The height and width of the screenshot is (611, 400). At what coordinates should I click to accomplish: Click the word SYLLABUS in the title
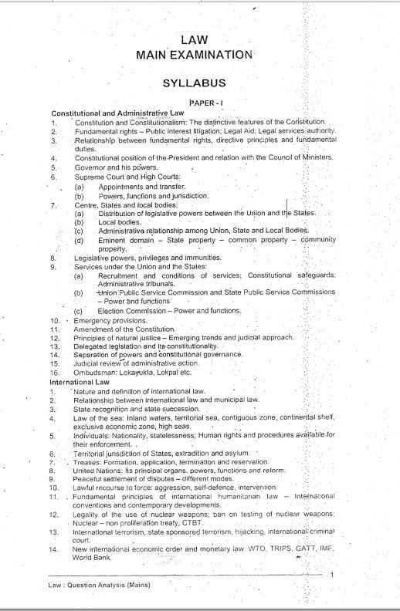click(193, 82)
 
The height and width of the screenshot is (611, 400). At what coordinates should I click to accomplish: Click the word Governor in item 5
click(92, 166)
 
